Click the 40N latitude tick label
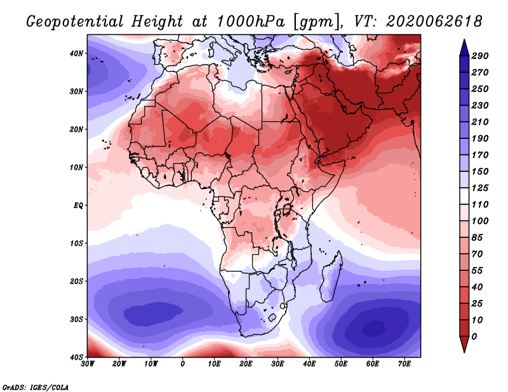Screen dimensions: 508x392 click(76, 53)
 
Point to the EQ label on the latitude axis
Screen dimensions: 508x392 click(78, 206)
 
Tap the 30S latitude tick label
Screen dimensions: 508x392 click(76, 320)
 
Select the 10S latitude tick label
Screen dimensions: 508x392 click(76, 244)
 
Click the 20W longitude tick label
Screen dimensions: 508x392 click(119, 364)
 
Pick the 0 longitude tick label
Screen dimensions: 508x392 click(183, 364)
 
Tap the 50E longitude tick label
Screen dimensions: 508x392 click(341, 364)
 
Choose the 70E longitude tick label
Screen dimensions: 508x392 click(404, 364)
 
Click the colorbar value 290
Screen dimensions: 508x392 click(480, 56)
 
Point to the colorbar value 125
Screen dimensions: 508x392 click(480, 188)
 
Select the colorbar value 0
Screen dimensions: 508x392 click(474, 337)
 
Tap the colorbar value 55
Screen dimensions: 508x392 click(478, 271)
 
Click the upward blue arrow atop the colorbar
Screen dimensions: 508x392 click(464, 48)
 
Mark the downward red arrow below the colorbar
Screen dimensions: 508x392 click(464, 344)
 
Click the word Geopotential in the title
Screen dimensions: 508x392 click(75, 22)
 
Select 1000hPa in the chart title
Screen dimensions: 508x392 click(251, 22)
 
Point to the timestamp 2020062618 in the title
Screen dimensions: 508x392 click(434, 22)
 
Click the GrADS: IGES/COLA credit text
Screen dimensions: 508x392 click(36, 387)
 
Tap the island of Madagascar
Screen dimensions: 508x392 click(331, 276)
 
